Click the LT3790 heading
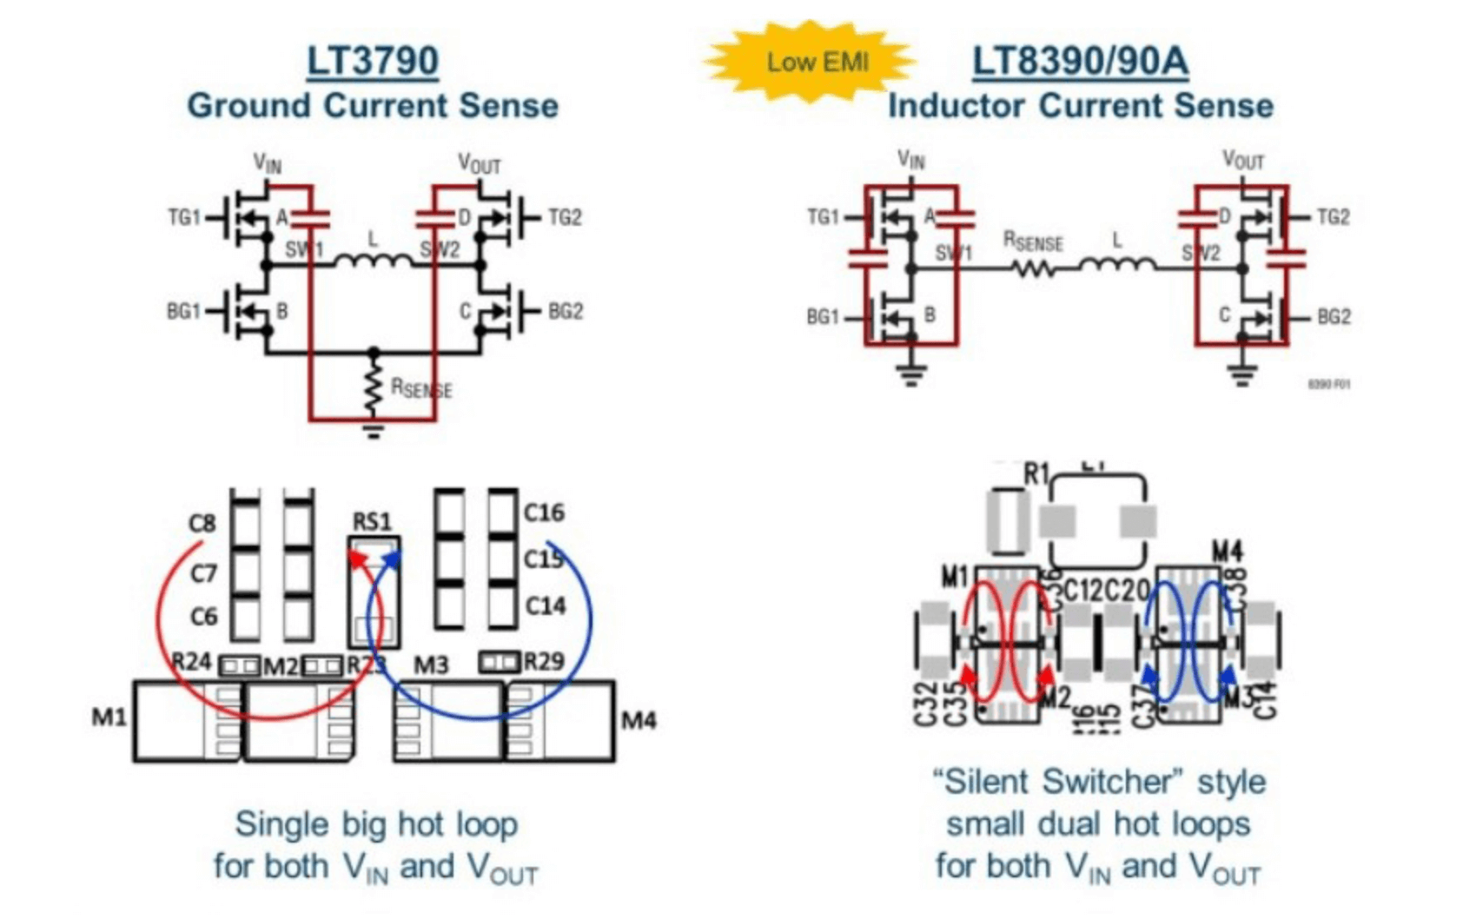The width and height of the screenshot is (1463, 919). (373, 61)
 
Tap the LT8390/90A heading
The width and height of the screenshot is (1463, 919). (1079, 61)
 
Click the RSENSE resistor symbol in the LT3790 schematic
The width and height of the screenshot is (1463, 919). (374, 389)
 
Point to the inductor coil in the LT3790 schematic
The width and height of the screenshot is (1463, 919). (374, 259)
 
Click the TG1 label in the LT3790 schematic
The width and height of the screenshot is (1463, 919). (183, 217)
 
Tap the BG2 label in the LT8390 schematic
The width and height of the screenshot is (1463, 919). (1334, 317)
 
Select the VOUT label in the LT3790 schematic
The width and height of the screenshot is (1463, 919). (479, 163)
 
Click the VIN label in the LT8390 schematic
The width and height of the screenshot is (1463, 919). (911, 160)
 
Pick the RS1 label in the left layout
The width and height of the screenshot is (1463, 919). (372, 521)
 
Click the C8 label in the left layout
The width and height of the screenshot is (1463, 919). (202, 523)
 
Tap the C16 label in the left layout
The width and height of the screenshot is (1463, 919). (544, 512)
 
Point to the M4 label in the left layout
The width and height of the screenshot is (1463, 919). (639, 720)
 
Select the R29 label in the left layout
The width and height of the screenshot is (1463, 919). (544, 662)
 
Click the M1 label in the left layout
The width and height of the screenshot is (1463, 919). (109, 717)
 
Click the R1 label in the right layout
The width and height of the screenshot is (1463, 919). (1036, 474)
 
